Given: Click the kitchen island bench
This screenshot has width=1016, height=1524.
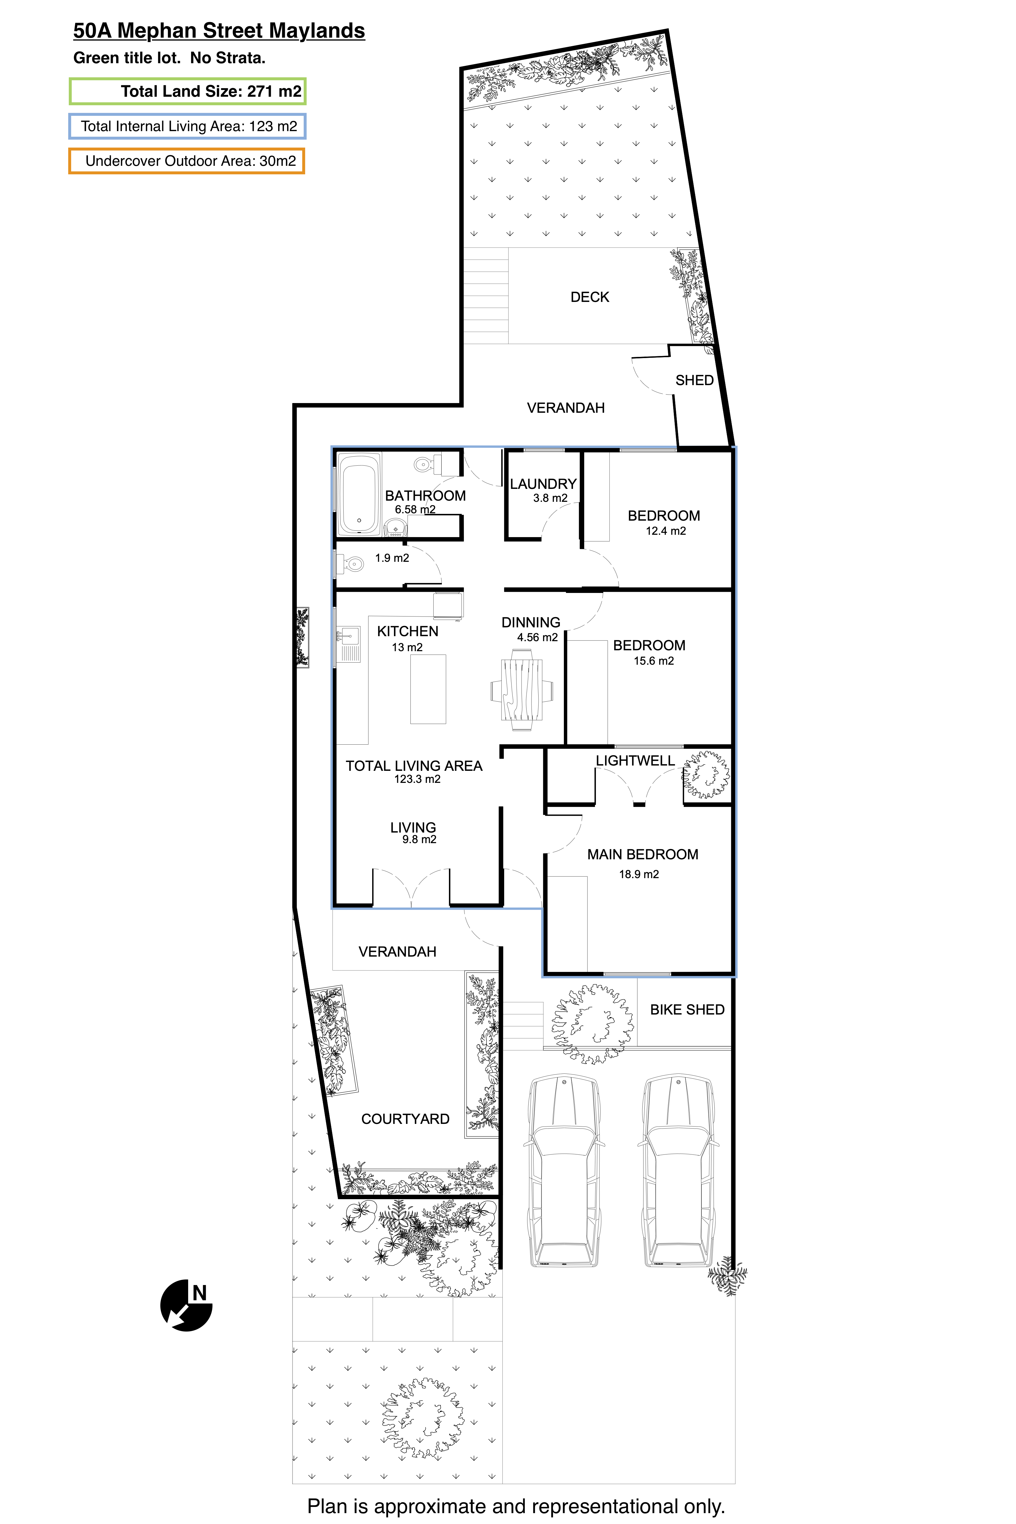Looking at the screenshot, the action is pos(428,689).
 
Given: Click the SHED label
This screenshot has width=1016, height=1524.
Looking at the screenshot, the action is pos(694,380).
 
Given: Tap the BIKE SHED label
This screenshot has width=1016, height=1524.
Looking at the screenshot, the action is pos(687,1010).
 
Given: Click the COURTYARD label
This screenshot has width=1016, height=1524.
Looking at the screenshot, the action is pos(405,1119).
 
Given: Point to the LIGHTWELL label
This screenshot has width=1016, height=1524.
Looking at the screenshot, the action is pos(635,761).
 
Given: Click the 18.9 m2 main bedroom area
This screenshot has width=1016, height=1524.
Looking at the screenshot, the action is pos(639,874).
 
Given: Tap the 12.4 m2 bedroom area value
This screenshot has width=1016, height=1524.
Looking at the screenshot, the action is pos(666,531).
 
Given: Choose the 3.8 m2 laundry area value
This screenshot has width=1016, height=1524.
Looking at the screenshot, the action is pos(550,498).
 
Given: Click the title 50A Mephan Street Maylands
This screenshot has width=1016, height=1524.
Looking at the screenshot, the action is pos(219,31).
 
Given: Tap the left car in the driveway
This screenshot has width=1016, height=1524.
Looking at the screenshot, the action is pos(564,1172).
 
